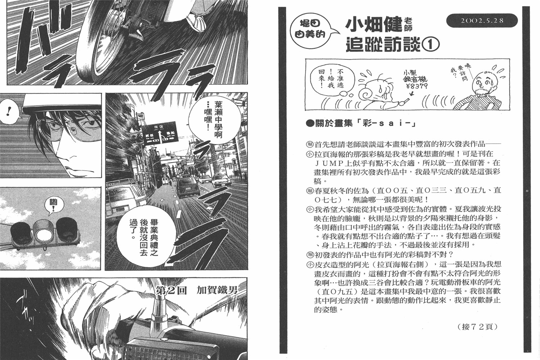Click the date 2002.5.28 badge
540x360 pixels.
482,21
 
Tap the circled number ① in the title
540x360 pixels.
431,45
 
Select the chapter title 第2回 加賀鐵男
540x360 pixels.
197,290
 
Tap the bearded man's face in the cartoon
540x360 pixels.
479,85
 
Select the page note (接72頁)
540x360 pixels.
477,327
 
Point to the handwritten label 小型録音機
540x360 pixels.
417,77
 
